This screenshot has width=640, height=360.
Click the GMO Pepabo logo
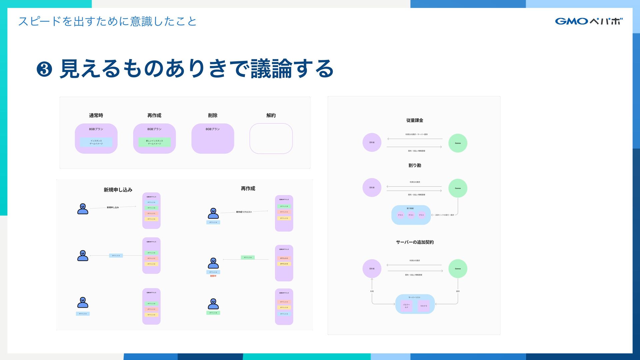[x=589, y=21]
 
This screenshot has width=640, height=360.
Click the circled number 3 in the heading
[x=44, y=69]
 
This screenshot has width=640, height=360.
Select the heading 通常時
[x=96, y=115]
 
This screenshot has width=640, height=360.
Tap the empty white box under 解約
[x=271, y=138]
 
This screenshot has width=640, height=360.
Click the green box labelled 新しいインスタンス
[x=154, y=142]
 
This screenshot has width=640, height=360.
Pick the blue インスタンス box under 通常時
[x=96, y=142]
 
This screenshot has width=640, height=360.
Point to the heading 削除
[x=213, y=115]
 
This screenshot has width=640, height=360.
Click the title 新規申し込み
[x=118, y=190]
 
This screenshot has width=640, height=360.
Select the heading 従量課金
[x=415, y=120]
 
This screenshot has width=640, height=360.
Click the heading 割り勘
[x=415, y=165]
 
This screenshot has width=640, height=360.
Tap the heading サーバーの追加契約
[x=415, y=242]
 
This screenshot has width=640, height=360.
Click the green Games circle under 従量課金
[x=458, y=143]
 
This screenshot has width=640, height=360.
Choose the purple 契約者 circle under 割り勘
[x=372, y=188]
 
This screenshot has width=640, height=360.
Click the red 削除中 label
[x=213, y=276]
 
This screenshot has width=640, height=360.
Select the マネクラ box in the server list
[x=423, y=306]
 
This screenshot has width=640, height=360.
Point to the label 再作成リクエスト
[x=244, y=212]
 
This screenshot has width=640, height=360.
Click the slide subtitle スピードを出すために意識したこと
[x=107, y=21]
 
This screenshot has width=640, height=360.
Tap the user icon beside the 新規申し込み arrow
[x=83, y=209]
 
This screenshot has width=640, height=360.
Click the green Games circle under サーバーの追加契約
[x=458, y=269]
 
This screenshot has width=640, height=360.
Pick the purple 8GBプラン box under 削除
[x=213, y=138]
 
